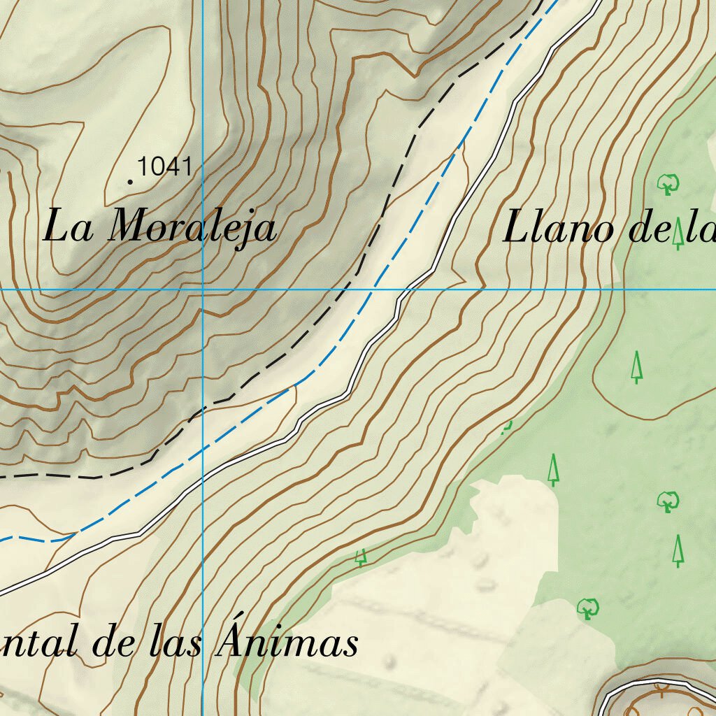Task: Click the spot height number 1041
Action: [x=165, y=167]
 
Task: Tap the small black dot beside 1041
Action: [x=130, y=182]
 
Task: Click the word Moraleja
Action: [x=193, y=227]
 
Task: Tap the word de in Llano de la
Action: [x=649, y=229]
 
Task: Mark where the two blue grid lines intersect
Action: [x=203, y=289]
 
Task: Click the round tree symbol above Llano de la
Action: [x=668, y=184]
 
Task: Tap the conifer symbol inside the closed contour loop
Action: [x=636, y=367]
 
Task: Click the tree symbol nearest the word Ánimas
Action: [x=361, y=557]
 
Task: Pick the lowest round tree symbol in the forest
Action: [x=587, y=608]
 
